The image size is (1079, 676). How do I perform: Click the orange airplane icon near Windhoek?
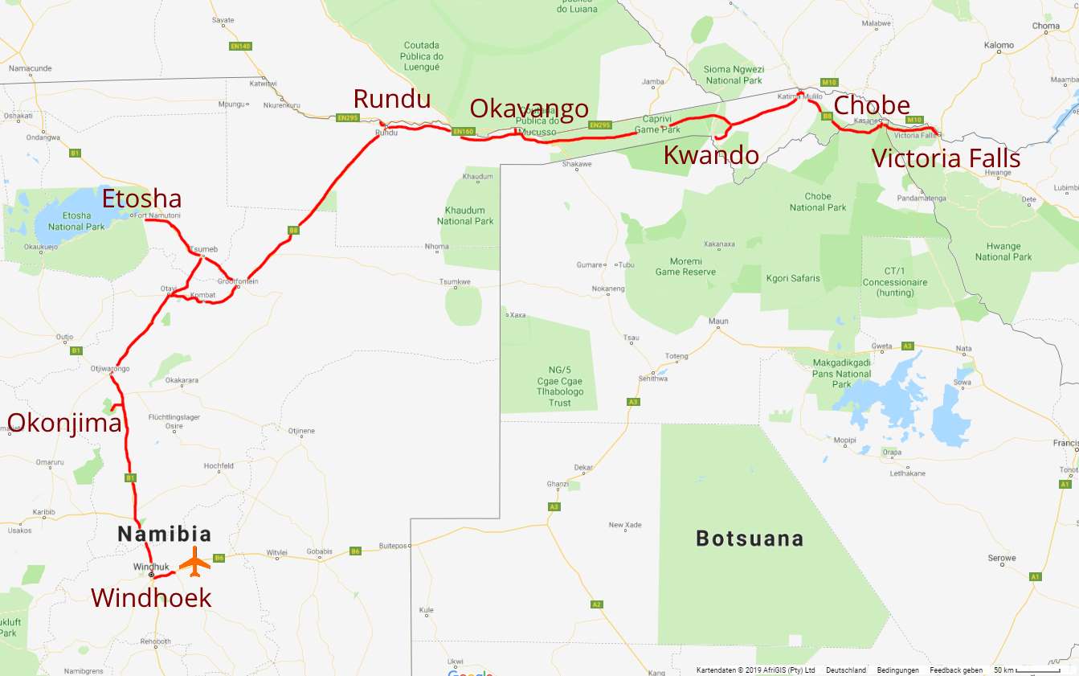point(194,561)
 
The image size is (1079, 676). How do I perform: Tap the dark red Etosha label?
point(141,199)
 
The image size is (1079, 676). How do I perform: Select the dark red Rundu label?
point(391,99)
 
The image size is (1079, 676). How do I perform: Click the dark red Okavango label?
point(529,109)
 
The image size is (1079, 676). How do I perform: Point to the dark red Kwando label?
point(710,155)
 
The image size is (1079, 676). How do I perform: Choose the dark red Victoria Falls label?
point(946,158)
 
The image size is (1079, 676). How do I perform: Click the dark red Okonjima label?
point(64,423)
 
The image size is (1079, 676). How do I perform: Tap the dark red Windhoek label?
point(151,598)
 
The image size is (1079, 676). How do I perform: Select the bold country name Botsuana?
point(750,539)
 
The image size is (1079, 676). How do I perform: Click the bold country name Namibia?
point(165,534)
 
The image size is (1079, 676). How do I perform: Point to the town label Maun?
point(718,322)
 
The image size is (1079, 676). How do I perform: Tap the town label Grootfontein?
point(238,282)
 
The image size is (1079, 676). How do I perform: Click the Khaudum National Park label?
point(465,215)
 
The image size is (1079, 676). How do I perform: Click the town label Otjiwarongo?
point(110,369)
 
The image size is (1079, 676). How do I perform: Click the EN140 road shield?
point(240,46)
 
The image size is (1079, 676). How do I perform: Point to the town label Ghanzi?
point(557,484)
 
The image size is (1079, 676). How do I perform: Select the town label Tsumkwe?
point(455,282)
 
